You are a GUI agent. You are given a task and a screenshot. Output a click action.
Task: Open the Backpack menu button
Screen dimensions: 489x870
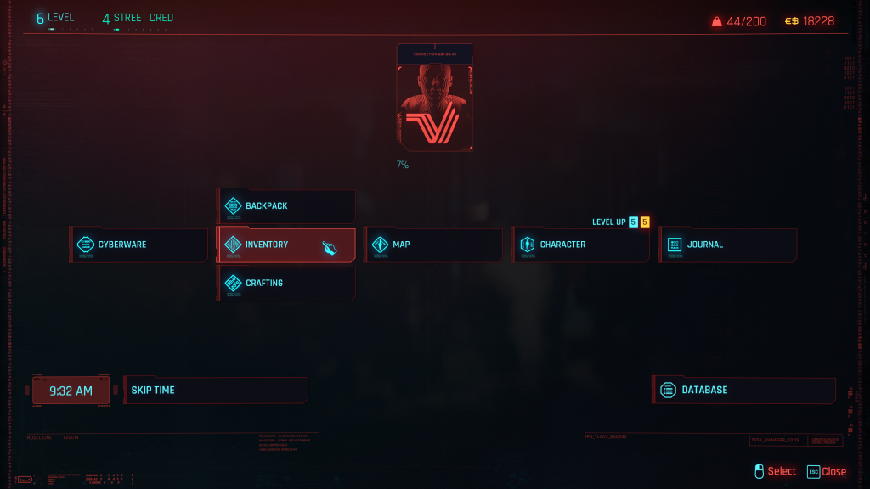(x=285, y=206)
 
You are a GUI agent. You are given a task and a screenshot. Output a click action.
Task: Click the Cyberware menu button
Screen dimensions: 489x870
(x=139, y=244)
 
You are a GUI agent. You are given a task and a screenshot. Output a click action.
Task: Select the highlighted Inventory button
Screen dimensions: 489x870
(x=285, y=244)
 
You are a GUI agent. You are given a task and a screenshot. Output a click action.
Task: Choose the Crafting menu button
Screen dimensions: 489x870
(x=285, y=284)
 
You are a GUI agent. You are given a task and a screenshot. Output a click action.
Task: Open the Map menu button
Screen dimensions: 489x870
(x=433, y=244)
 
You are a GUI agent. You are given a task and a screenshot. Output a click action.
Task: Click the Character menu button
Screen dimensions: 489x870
(x=580, y=244)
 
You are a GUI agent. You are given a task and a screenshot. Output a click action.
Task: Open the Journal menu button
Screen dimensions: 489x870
(x=728, y=244)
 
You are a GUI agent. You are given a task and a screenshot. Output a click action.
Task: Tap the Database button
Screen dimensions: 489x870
(x=744, y=390)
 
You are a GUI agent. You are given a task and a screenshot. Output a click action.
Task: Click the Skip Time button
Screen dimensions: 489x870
(x=216, y=391)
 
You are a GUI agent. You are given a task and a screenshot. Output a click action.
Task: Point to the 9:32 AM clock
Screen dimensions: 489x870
(x=71, y=391)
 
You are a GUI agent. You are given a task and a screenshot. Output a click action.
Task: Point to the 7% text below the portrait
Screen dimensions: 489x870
(x=402, y=165)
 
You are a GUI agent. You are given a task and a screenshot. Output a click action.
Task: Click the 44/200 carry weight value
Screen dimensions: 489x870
(x=746, y=21)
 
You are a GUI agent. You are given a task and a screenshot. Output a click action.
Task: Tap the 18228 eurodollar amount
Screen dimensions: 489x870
(x=819, y=21)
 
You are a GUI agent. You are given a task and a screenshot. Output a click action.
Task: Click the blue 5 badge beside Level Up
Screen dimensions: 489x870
(x=633, y=222)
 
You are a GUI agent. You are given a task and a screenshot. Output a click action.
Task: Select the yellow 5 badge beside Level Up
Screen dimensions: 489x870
(x=645, y=222)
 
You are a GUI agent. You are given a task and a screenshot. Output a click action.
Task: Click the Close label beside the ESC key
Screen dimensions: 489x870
(x=833, y=471)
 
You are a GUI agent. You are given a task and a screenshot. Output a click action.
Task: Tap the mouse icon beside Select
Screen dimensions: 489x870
(x=760, y=471)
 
